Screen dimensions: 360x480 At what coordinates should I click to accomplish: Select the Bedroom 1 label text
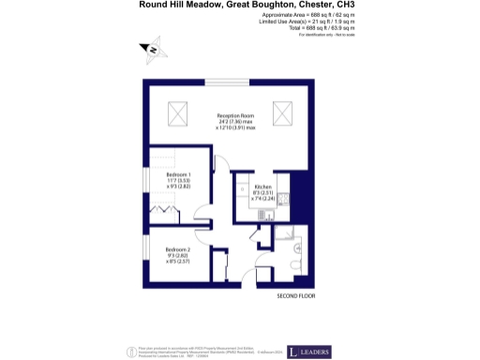179,175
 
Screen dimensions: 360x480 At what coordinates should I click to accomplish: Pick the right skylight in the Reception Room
282,115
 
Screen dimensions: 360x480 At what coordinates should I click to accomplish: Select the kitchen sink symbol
242,187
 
